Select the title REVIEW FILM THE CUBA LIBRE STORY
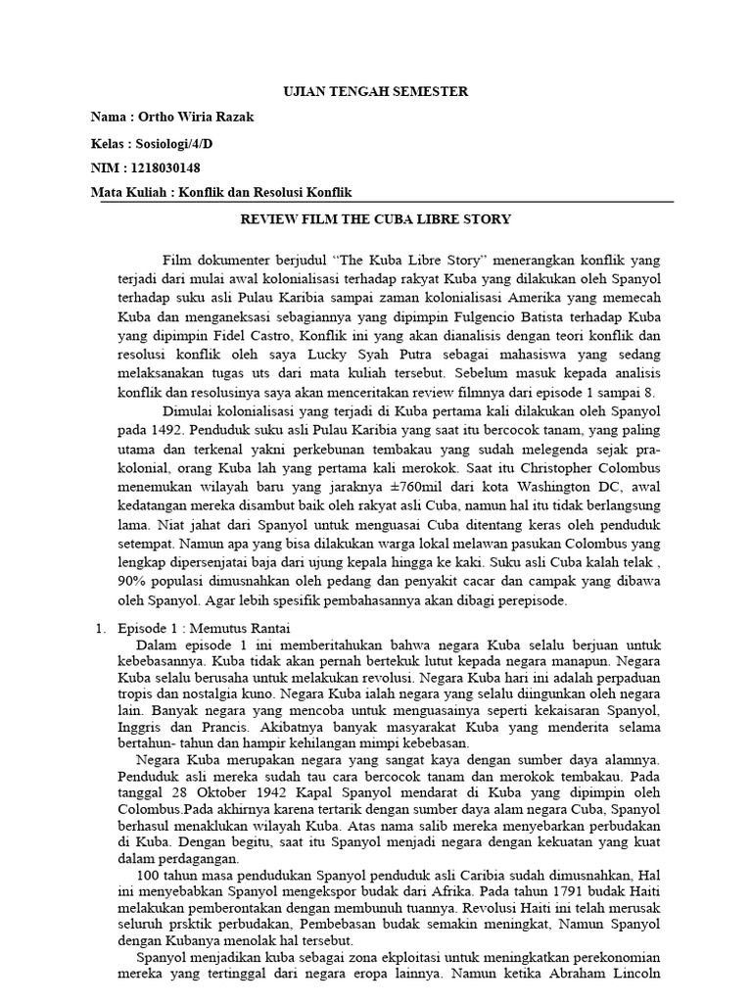pos(376,218)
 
